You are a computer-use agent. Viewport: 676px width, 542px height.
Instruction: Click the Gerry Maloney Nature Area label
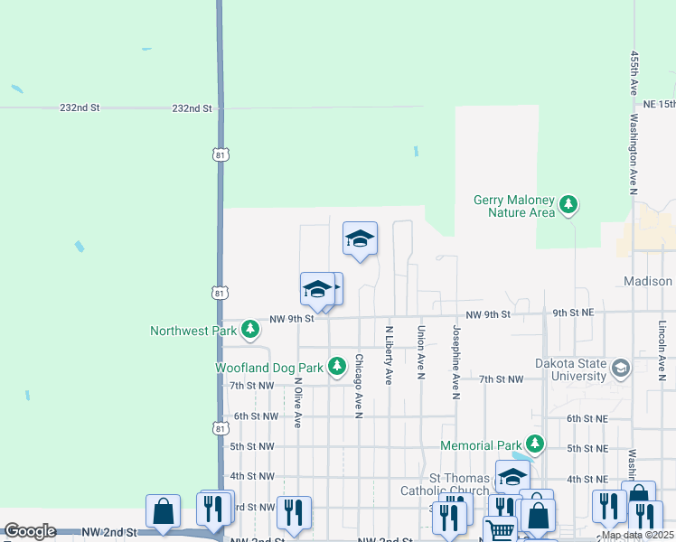513,206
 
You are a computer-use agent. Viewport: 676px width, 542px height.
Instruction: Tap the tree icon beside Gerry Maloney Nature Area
568,205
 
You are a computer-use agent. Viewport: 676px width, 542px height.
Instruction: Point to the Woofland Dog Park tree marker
337,366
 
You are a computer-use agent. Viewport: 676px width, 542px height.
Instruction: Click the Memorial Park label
480,445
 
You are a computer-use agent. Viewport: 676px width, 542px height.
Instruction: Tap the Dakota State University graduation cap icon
620,368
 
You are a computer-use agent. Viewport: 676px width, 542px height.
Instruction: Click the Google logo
30,531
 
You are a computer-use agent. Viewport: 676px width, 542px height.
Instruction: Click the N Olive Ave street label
296,401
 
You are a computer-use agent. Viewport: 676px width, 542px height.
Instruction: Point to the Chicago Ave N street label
359,386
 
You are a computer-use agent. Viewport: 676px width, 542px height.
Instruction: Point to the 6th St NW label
254,416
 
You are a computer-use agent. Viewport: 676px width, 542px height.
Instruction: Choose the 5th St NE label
587,448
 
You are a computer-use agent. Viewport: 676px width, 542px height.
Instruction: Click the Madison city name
648,282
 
